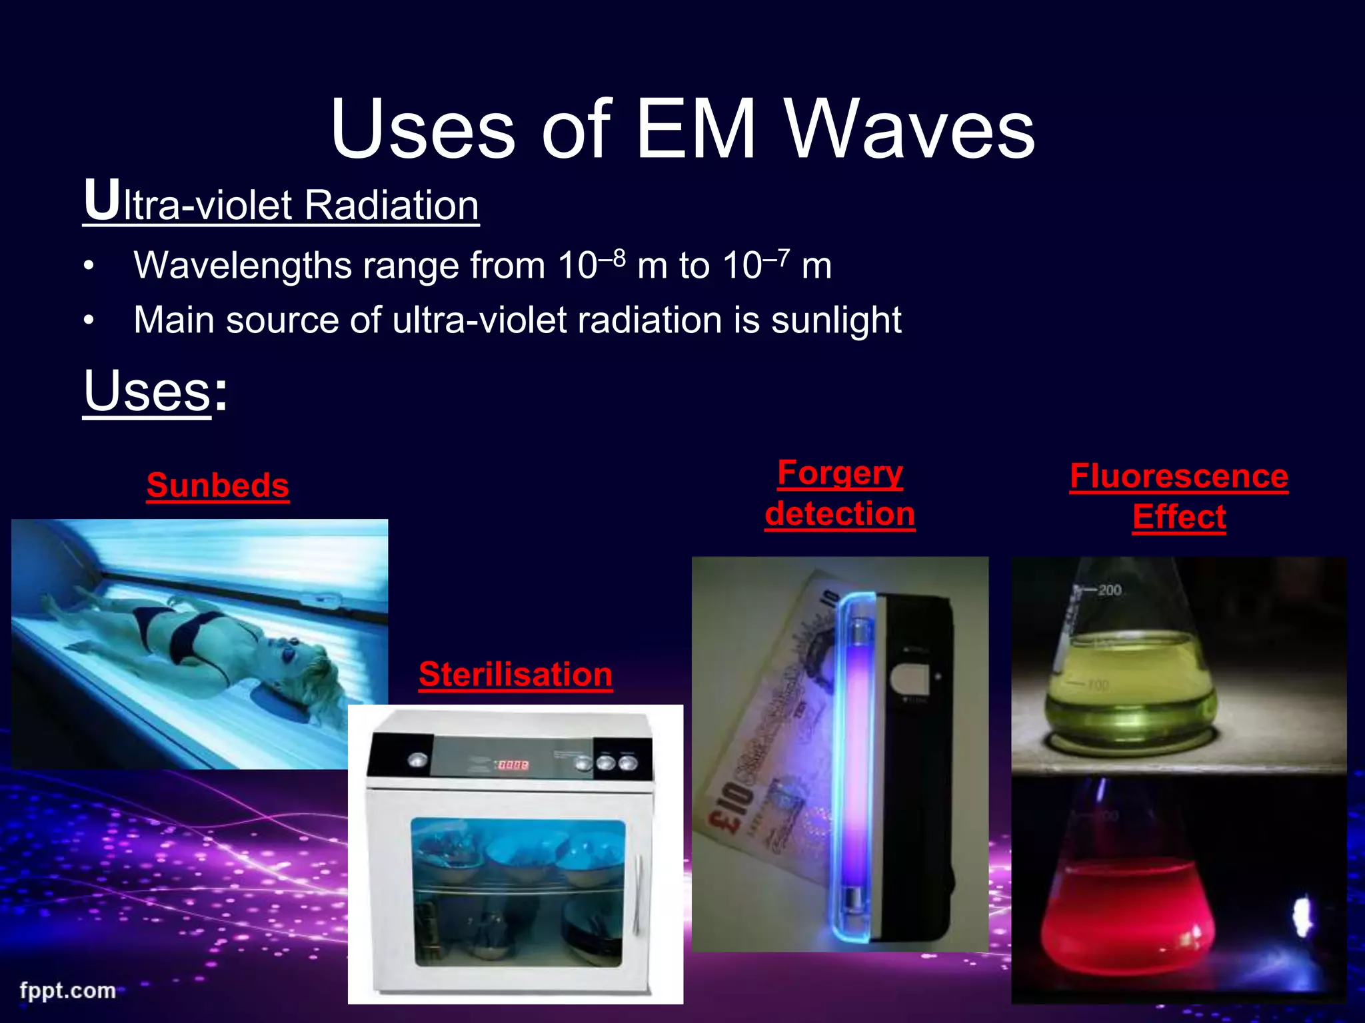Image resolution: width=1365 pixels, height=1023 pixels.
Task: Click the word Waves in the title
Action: pyautogui.click(x=910, y=130)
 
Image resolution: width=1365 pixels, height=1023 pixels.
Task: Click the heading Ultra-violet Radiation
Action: pyautogui.click(x=281, y=203)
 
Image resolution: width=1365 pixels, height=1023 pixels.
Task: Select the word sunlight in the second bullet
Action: pyautogui.click(x=836, y=321)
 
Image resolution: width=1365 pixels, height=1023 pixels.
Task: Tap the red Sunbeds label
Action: pyautogui.click(x=218, y=486)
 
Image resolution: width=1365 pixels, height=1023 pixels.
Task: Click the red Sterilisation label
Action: pyautogui.click(x=515, y=675)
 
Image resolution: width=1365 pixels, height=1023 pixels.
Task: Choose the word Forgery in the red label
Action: pyautogui.click(x=840, y=474)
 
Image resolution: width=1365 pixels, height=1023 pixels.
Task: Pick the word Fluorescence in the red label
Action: pyautogui.click(x=1178, y=477)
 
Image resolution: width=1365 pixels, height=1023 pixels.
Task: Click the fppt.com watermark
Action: pyautogui.click(x=67, y=990)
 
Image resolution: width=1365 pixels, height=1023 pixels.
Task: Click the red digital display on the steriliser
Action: pyautogui.click(x=513, y=765)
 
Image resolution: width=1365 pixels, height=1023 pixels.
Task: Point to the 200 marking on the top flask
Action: pyautogui.click(x=1110, y=590)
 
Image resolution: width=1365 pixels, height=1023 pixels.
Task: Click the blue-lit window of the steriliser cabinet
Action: pyautogui.click(x=519, y=892)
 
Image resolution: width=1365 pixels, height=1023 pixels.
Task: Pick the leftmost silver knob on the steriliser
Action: pyautogui.click(x=418, y=760)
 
